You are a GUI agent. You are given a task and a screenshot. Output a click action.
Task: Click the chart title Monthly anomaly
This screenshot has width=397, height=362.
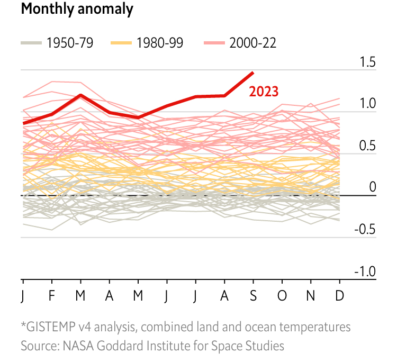77,10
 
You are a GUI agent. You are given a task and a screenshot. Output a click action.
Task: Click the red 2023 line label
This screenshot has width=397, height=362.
264,92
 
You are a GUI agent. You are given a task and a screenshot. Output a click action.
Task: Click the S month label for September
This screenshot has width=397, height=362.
253,295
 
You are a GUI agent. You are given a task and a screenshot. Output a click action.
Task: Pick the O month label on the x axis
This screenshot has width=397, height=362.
282,295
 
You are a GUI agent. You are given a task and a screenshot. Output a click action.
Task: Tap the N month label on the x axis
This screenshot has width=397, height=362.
311,295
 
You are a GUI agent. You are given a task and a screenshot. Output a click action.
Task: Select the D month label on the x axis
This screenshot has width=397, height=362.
339,295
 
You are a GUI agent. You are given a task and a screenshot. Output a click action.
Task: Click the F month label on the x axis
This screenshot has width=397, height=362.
51,295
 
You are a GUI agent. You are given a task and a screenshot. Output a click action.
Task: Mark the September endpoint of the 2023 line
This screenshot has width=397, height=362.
253,73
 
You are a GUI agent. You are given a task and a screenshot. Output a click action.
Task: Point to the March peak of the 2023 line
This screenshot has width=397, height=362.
80,95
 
